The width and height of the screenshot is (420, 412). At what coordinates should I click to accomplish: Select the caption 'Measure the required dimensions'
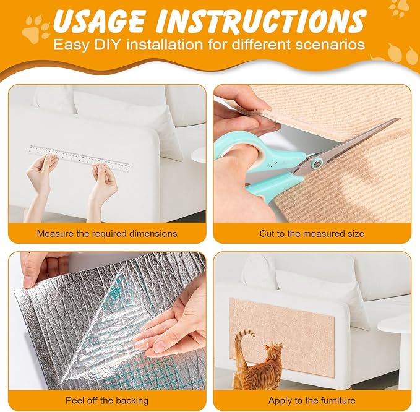[107, 234]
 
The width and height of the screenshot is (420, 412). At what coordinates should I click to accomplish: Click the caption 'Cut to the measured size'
[312, 234]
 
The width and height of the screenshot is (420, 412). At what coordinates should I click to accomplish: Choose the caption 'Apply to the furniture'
[312, 401]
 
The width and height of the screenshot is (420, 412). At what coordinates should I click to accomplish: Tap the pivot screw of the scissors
[317, 163]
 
